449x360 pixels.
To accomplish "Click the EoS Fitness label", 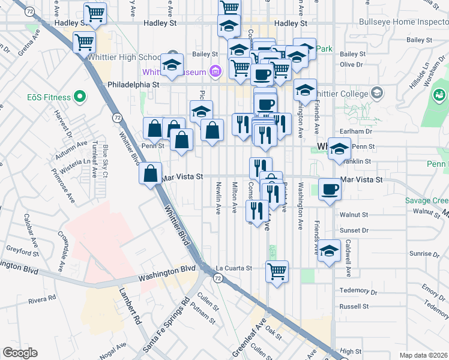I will (x=49, y=97).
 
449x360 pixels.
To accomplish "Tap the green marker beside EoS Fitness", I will (x=79, y=97).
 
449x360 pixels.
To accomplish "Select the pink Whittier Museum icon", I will (x=214, y=73).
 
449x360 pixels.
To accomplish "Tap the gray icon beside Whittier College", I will (x=376, y=92).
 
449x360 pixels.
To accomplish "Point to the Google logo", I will (x=20, y=353).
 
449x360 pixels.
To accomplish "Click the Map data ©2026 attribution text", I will (x=423, y=355).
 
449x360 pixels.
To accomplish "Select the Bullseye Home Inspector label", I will (x=403, y=22).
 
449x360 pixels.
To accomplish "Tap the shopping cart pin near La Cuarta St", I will (x=277, y=271).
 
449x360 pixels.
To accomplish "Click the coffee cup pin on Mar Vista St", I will (x=330, y=190).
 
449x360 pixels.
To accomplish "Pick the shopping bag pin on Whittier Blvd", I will (x=151, y=174).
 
